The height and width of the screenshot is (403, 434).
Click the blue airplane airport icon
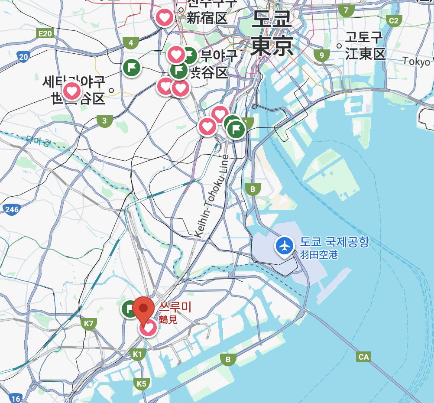[x=285, y=246]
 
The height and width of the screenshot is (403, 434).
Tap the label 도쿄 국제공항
[x=334, y=242]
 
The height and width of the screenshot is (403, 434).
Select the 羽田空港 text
[x=319, y=255]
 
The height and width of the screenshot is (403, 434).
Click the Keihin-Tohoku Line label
[x=211, y=196]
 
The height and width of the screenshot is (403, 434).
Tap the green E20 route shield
[x=45, y=34]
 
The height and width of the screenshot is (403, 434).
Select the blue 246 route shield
[x=12, y=210]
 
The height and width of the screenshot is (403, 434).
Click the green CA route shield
[x=364, y=357]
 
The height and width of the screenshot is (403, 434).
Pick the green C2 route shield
[x=394, y=20]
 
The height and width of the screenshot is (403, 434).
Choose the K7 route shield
[x=89, y=323]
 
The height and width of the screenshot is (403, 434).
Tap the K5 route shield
[x=142, y=383]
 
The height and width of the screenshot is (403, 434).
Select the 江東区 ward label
[x=365, y=54]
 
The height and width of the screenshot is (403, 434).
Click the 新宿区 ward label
[x=207, y=18]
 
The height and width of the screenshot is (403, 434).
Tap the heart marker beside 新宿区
[x=165, y=18]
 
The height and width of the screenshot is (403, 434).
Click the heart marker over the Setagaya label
[x=71, y=91]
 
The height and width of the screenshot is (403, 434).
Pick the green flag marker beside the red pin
[x=129, y=309]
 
